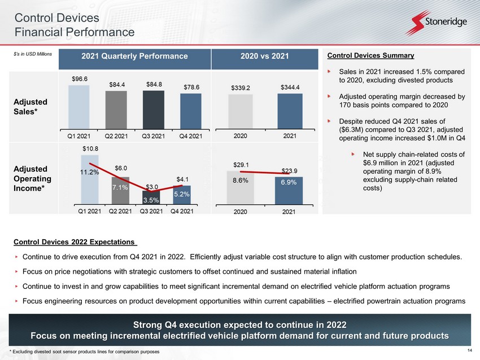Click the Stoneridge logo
[x=436, y=23]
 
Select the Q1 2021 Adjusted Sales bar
[x=79, y=107]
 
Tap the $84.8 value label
[x=154, y=84]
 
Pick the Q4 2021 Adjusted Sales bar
[x=191, y=111]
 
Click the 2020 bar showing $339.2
[x=241, y=111]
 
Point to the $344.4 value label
[x=290, y=87]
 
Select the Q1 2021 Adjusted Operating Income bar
[x=90, y=179]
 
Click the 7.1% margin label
[x=120, y=187]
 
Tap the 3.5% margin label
[x=151, y=200]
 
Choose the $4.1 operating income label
[x=182, y=179]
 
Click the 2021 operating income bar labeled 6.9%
[x=289, y=191]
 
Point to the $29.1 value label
[x=241, y=165]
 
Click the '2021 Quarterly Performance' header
[x=135, y=56]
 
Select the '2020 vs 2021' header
[x=264, y=56]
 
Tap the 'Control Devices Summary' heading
[x=370, y=55]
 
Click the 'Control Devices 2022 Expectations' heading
[x=75, y=242]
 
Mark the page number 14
[x=470, y=350]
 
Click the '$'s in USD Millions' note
[x=33, y=54]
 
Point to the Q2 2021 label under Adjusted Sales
[x=116, y=136]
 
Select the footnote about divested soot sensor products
[x=85, y=352]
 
